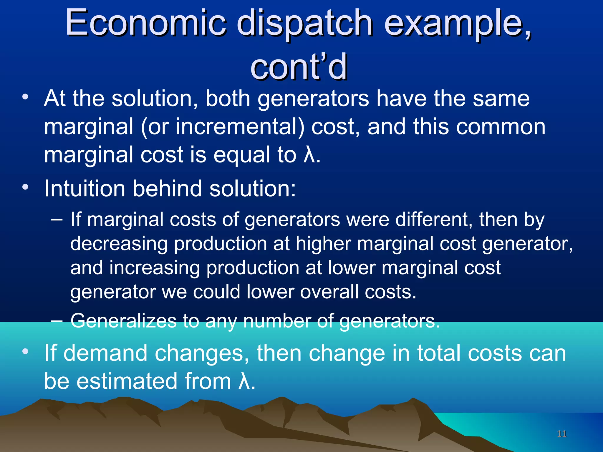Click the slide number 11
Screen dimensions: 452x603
[x=562, y=434]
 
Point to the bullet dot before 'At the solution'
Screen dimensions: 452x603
[x=26, y=97]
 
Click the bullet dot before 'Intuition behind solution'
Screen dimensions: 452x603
[x=26, y=187]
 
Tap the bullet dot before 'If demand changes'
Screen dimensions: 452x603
[x=26, y=351]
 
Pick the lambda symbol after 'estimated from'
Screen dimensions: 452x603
[x=244, y=381]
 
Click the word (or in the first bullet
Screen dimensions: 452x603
[x=155, y=127]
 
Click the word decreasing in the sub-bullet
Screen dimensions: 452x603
[x=119, y=244]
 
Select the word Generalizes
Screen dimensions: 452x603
[x=123, y=320]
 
